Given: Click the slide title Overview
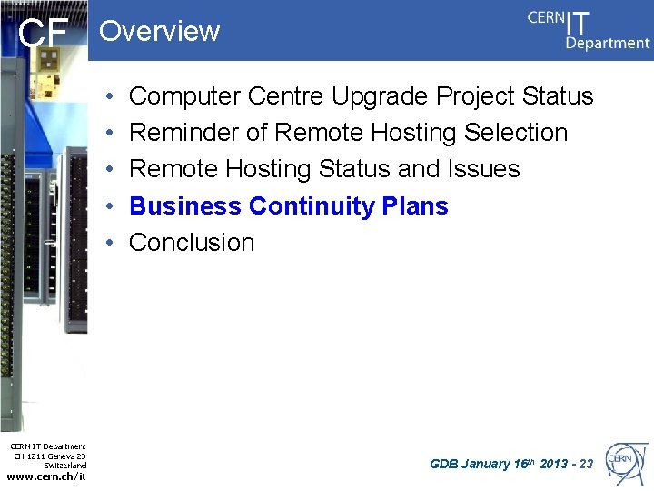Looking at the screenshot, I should point(159,31).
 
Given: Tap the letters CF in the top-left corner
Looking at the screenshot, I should point(44,35).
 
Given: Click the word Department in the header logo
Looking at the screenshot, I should point(607,43).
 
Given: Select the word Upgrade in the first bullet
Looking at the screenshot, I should point(381,96).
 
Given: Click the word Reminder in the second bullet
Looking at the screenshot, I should point(184,133).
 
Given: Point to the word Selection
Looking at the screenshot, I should point(515,133).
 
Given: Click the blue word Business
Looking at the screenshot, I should point(185,205).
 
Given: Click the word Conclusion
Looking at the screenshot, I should point(192,243).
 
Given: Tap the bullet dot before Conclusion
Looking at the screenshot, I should point(108,243).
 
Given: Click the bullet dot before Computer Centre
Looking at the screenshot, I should point(108,96).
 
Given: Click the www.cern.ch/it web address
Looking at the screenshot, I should point(46,476).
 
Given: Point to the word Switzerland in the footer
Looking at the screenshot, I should point(64,465).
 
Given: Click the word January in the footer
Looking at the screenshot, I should point(486,465).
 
